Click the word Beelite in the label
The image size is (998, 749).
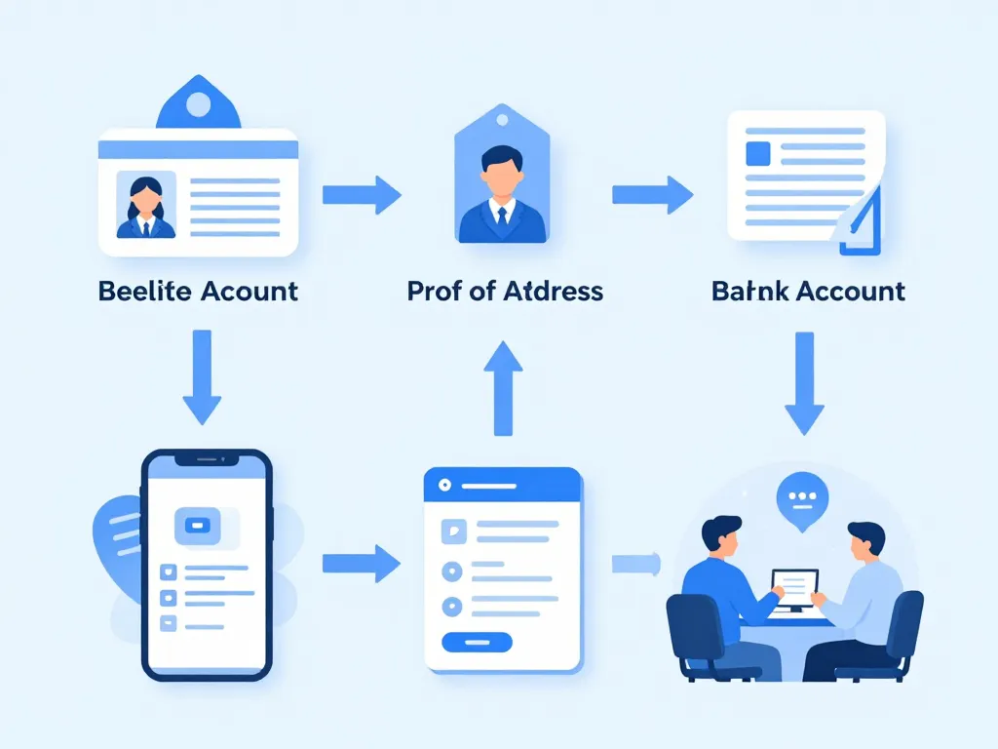pyautogui.click(x=143, y=291)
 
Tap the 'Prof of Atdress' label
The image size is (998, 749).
pyautogui.click(x=505, y=291)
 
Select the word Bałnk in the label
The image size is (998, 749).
pyautogui.click(x=747, y=291)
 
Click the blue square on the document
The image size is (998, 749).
pyautogui.click(x=757, y=153)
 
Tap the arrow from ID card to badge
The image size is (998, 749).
pyautogui.click(x=362, y=195)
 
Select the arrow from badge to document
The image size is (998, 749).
pyautogui.click(x=652, y=194)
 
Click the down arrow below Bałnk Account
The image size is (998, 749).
pyautogui.click(x=805, y=382)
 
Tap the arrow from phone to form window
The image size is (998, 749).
pyautogui.click(x=362, y=563)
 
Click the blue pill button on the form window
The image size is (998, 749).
pyautogui.click(x=477, y=642)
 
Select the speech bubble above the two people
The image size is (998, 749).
pyautogui.click(x=800, y=498)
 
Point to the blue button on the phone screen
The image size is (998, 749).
pyautogui.click(x=199, y=526)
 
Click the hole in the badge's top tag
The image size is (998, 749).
pyautogui.click(x=502, y=119)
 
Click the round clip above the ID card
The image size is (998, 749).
pyautogui.click(x=198, y=103)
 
